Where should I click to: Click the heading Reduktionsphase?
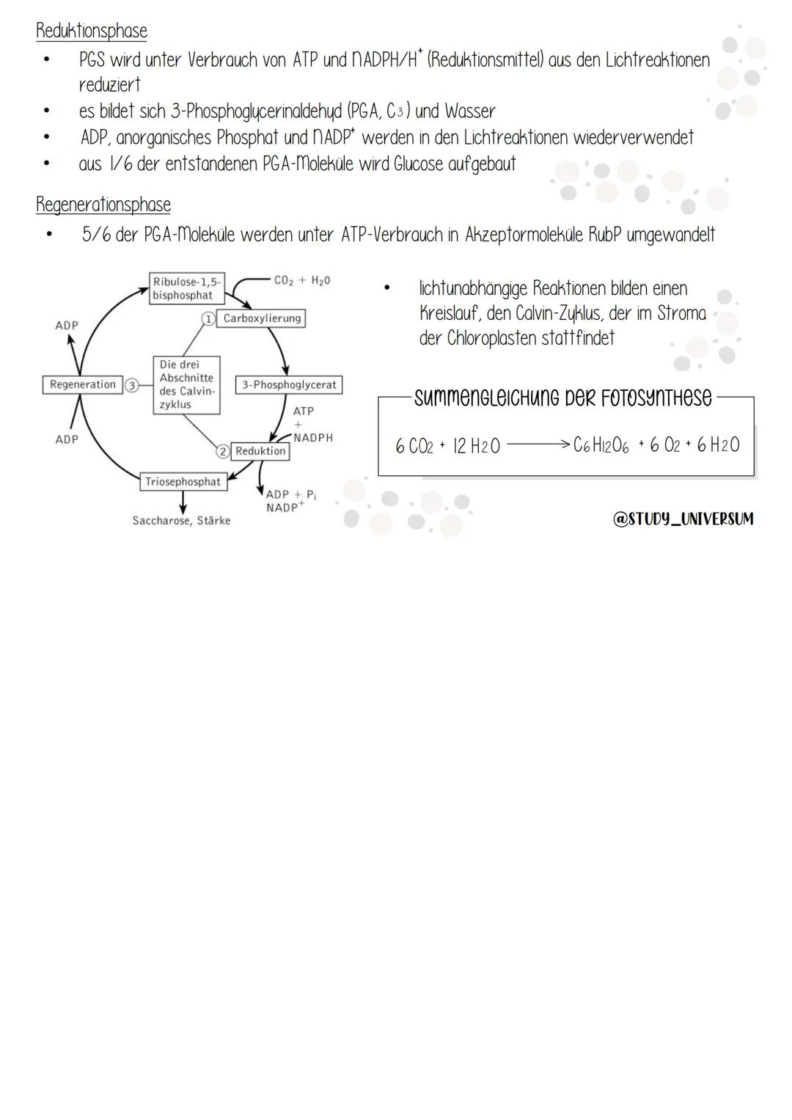(x=92, y=31)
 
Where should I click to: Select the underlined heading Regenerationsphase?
(x=103, y=205)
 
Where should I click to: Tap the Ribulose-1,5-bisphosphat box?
(x=187, y=288)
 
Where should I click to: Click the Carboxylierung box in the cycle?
(x=262, y=318)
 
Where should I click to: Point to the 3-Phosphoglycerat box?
(x=289, y=384)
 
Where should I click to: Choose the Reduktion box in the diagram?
(x=260, y=451)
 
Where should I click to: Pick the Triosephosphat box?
(x=183, y=482)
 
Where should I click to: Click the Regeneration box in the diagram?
(x=83, y=384)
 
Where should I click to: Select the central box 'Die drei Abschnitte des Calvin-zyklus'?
(x=186, y=384)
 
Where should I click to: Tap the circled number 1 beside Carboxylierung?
(x=208, y=318)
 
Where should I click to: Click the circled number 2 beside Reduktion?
(x=223, y=451)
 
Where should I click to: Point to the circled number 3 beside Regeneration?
(x=132, y=384)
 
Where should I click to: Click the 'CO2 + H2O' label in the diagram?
(x=302, y=280)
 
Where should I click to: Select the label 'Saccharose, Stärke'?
(x=181, y=521)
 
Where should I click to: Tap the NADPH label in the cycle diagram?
(x=313, y=437)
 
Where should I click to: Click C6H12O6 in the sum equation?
(x=601, y=446)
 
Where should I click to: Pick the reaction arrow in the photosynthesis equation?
(x=538, y=444)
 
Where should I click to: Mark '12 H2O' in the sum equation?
(x=477, y=446)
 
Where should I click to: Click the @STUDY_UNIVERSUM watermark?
(x=683, y=519)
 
